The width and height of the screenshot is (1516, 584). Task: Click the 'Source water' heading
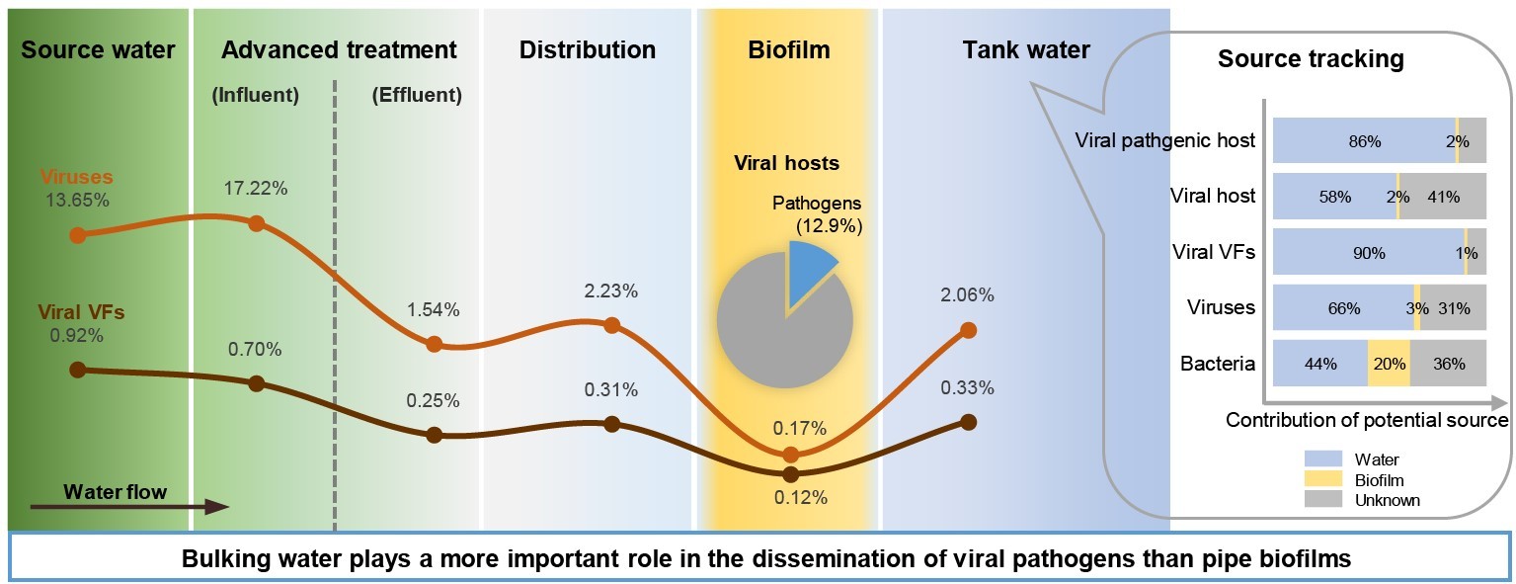98,49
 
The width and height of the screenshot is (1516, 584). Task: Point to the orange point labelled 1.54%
433,344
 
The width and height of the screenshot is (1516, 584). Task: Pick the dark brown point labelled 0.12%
789,474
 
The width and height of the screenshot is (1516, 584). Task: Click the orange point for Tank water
968,330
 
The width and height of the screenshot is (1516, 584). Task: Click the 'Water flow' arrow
128,507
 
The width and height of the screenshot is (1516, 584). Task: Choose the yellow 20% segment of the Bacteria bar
1389,363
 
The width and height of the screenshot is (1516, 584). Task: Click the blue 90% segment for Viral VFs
1368,251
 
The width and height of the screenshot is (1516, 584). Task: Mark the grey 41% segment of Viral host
1443,196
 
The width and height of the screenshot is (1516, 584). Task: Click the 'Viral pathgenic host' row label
1164,140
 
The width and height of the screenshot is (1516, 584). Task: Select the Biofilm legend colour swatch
1323,479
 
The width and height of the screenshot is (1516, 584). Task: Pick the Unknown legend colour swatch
1323,500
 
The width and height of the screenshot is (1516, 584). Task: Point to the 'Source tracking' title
1311,58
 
